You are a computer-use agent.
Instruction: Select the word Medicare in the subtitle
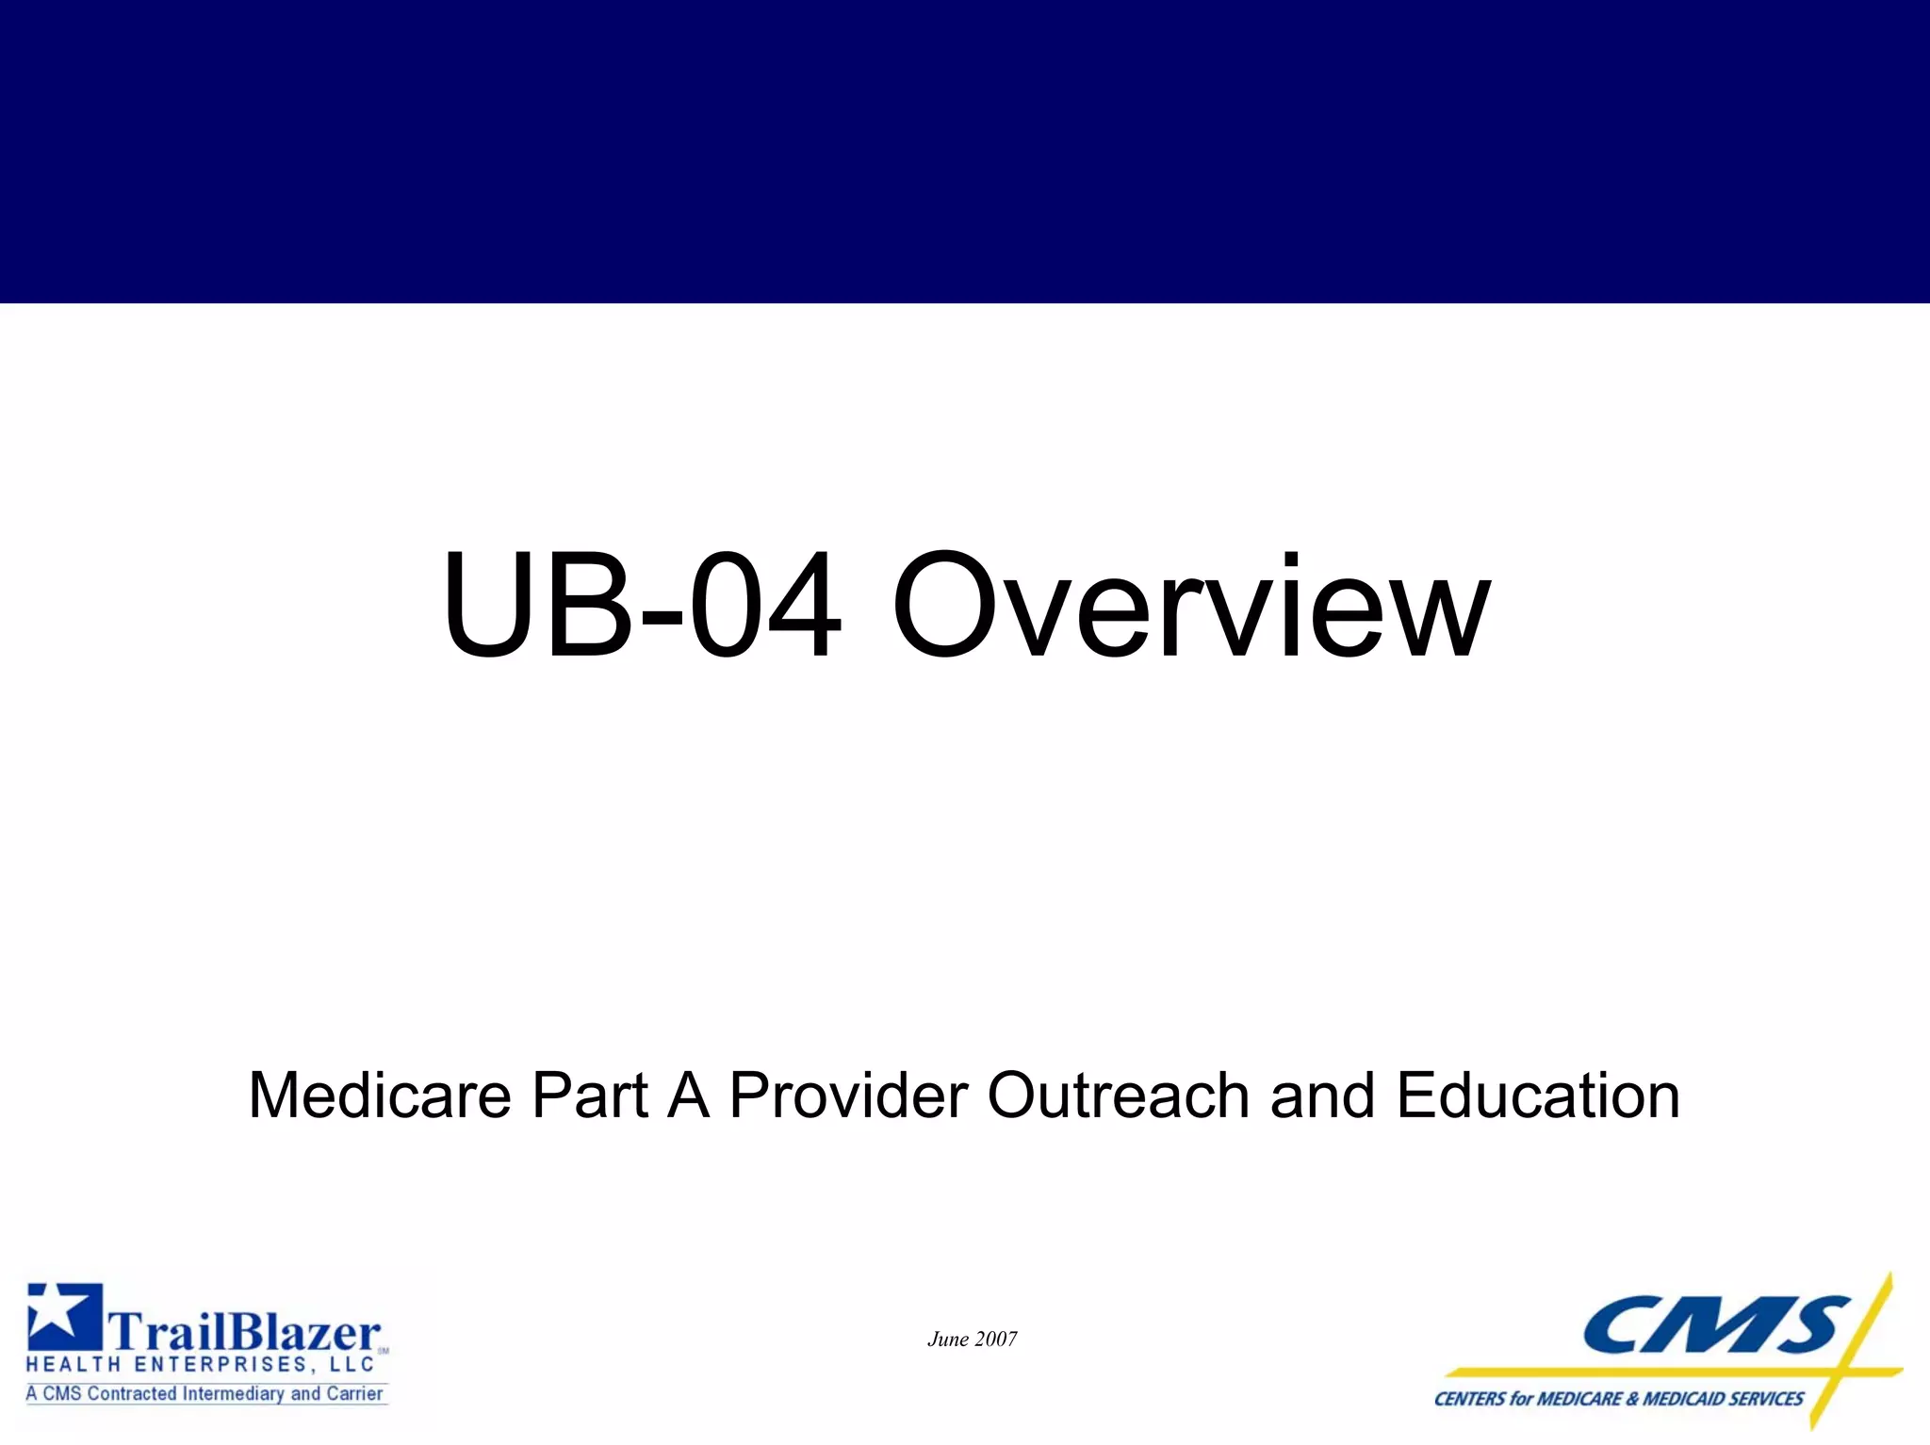(379, 1096)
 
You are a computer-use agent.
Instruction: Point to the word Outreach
(1118, 1096)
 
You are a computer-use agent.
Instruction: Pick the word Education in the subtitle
(1538, 1096)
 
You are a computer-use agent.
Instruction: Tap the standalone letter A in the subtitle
(688, 1096)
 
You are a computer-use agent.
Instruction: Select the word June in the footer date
(948, 1339)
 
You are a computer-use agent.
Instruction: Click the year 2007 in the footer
(996, 1339)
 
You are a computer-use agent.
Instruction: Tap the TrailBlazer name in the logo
(245, 1332)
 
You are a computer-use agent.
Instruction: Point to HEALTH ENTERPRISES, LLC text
(200, 1365)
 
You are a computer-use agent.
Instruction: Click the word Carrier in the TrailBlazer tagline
(354, 1393)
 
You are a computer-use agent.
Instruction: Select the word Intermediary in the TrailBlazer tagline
(233, 1393)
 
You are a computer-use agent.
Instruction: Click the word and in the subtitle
(1322, 1096)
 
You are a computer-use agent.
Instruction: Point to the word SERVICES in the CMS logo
(1765, 1399)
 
